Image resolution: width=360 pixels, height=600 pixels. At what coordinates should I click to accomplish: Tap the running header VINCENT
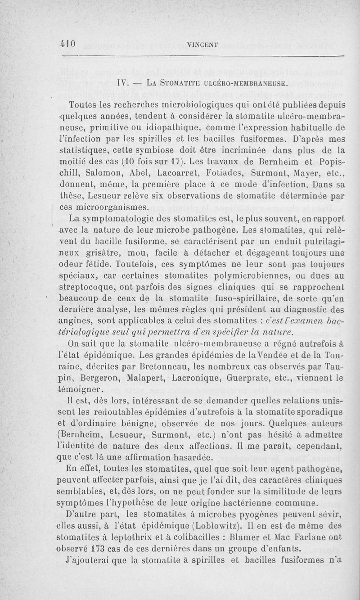point(202,45)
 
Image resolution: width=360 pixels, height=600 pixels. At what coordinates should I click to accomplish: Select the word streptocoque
point(88,287)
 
